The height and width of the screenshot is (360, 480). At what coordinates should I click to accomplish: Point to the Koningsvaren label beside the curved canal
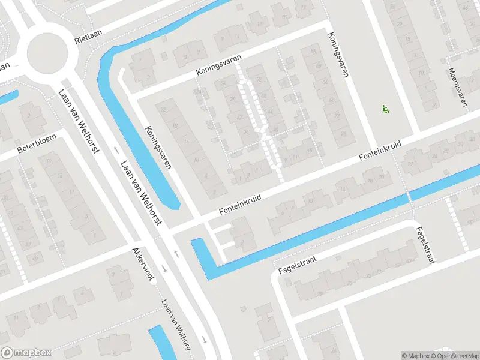click(158, 147)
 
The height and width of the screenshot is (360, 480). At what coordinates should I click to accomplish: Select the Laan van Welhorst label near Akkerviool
click(142, 192)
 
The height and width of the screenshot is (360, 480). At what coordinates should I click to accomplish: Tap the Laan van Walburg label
click(176, 325)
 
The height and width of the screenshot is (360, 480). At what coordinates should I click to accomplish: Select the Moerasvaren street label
click(457, 87)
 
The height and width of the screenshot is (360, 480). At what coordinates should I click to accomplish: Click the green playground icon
click(385, 109)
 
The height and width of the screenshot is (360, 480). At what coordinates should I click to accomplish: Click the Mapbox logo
click(26, 353)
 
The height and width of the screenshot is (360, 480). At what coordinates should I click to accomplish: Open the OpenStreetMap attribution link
click(455, 356)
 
